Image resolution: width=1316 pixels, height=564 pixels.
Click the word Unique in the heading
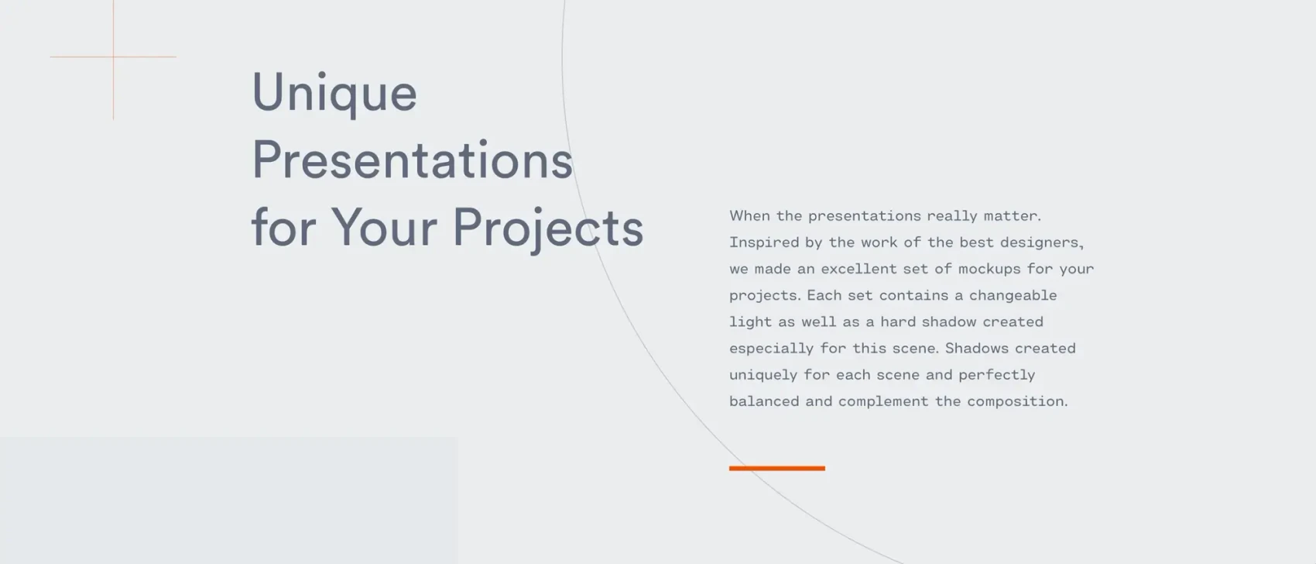(x=334, y=93)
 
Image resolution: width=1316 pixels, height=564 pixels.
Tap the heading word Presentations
(x=413, y=159)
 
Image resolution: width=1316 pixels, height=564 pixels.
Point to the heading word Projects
(x=548, y=229)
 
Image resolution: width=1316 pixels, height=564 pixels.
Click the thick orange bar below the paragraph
(x=776, y=468)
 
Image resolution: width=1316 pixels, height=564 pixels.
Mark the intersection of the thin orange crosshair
(x=113, y=57)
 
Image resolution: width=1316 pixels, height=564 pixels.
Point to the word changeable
(x=1013, y=295)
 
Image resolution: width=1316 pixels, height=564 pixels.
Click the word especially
(x=771, y=349)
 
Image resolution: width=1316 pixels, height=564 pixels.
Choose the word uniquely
(x=763, y=375)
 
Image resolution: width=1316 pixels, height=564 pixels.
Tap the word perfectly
(x=996, y=375)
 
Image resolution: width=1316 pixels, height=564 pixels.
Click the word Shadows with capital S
(x=976, y=348)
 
